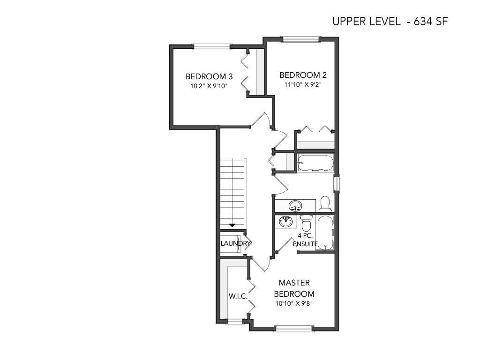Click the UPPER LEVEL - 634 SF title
tap(390, 22)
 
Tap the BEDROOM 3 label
tap(209, 76)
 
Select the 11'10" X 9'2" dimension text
tap(303, 84)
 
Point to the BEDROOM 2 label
tap(303, 75)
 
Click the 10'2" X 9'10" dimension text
tap(210, 86)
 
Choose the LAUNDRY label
tap(235, 243)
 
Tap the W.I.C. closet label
tap(238, 296)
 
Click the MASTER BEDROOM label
tap(294, 288)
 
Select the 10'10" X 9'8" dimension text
tap(294, 304)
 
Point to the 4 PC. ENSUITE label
tap(305, 240)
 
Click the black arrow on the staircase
tap(232, 225)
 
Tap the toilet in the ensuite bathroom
tap(306, 223)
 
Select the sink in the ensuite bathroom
tap(286, 221)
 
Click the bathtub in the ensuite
tap(325, 233)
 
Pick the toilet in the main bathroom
tap(325, 204)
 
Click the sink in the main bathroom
tap(295, 205)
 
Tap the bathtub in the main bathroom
tap(315, 163)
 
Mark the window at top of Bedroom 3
tap(211, 46)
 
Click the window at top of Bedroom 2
tap(300, 39)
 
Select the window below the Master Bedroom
tap(293, 329)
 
